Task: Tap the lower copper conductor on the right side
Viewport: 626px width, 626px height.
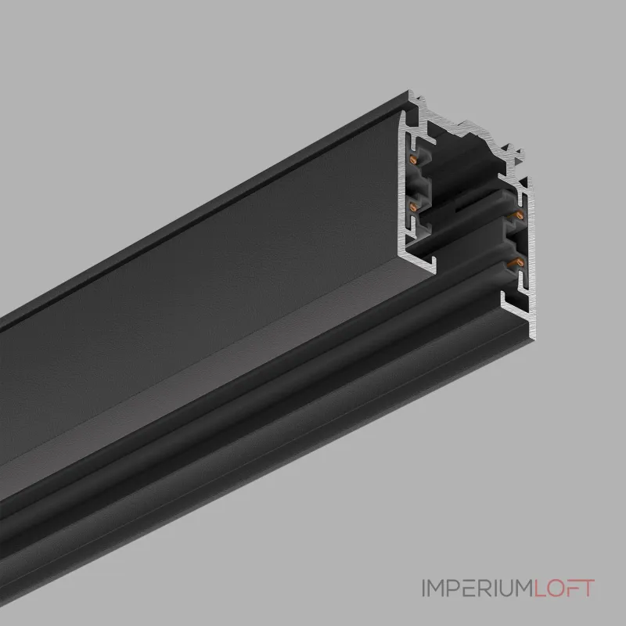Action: (516, 263)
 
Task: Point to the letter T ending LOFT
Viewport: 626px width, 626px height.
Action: (588, 587)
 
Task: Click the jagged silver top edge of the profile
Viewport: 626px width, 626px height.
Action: (469, 125)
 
